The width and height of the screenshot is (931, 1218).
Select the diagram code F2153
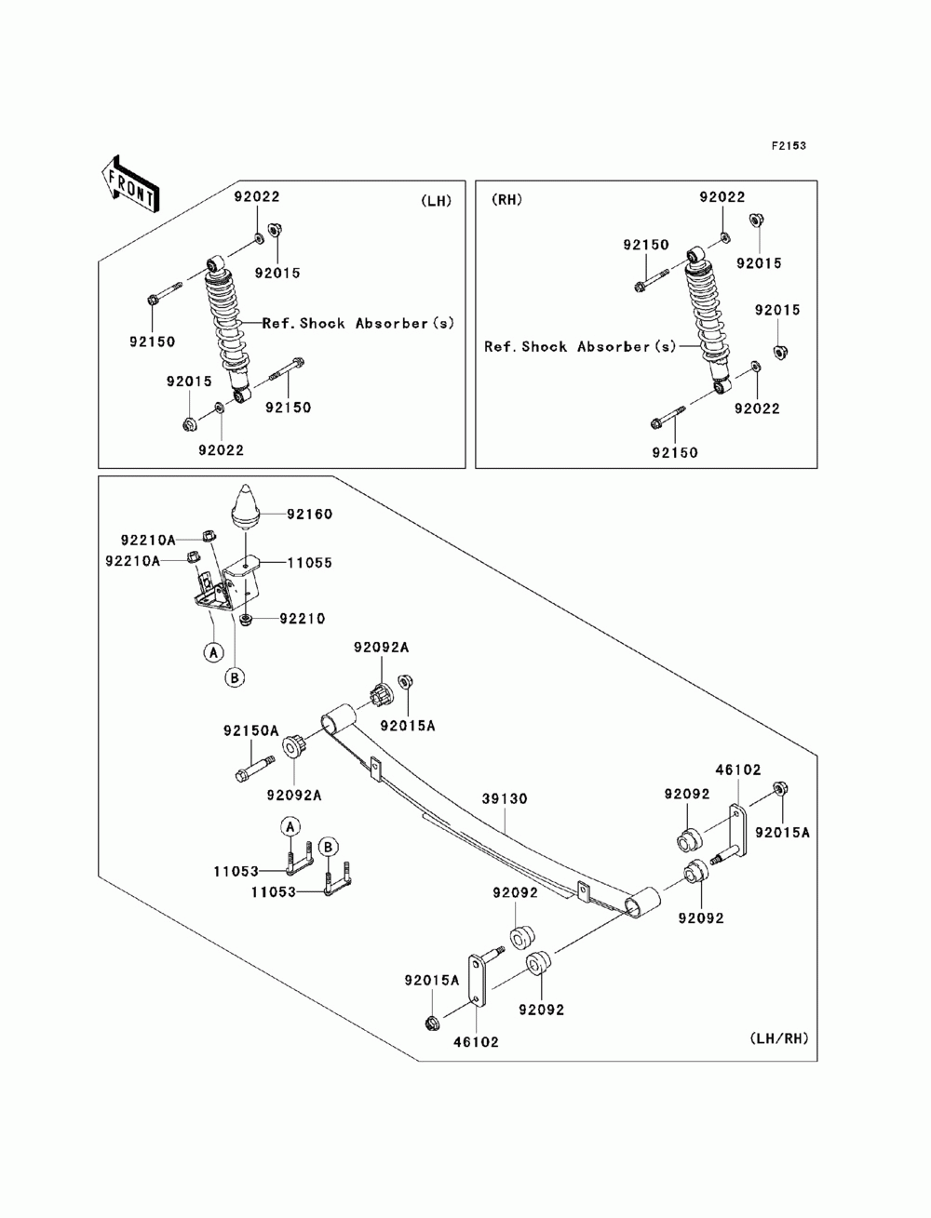787,146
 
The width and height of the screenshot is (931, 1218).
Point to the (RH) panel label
506,199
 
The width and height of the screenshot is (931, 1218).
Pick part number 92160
309,514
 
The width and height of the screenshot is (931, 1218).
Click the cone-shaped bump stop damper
245,502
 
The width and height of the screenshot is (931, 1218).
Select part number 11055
309,563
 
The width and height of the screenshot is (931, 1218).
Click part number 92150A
250,731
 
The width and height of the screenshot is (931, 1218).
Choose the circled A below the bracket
213,652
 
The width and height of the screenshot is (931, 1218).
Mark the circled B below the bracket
236,677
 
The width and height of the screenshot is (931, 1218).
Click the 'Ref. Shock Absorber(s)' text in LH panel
358,324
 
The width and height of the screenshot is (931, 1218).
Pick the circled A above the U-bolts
290,825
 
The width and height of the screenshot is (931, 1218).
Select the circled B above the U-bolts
328,847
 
